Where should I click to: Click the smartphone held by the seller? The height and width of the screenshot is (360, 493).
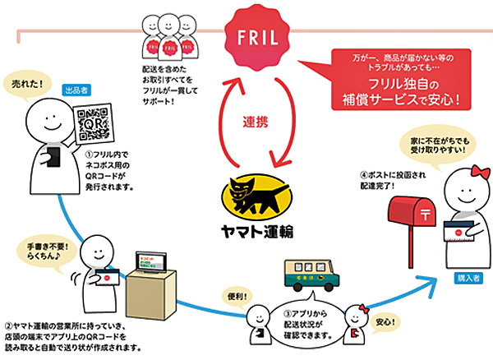pyautogui.click(x=51, y=155)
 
